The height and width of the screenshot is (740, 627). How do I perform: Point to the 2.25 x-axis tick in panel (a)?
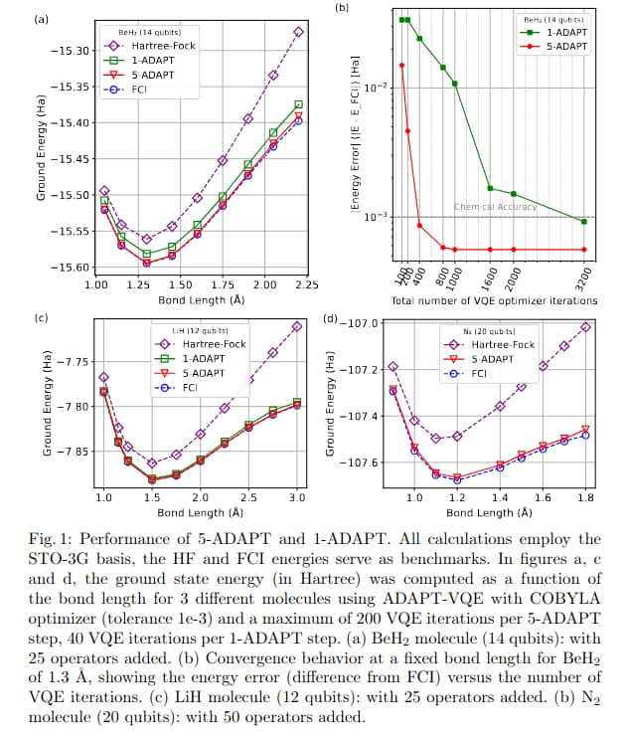point(306,284)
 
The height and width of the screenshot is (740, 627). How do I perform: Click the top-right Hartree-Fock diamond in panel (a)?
point(299,32)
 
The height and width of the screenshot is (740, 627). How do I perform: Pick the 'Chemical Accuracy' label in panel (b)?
point(495,207)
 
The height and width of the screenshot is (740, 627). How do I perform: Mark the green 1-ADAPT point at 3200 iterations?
point(583,222)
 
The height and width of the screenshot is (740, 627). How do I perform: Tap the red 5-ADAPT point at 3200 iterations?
point(583,250)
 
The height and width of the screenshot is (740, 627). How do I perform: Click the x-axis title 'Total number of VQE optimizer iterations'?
point(494,299)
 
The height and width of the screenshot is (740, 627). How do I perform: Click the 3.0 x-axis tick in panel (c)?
point(296,495)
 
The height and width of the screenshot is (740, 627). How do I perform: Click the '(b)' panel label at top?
point(343,9)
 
